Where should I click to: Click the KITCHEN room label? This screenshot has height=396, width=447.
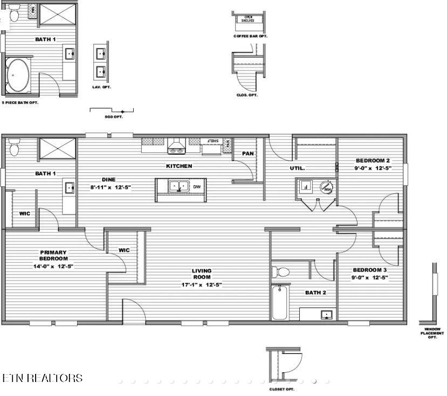(x=179, y=166)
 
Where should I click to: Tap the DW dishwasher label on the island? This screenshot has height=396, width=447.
(x=197, y=187)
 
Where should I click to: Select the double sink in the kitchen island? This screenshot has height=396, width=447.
(x=178, y=187)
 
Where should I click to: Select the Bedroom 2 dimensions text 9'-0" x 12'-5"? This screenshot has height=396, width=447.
(x=373, y=168)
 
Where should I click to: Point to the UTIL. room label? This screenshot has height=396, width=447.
(x=297, y=168)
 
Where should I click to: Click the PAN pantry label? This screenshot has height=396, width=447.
(x=247, y=154)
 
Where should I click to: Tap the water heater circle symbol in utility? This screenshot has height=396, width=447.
(x=326, y=187)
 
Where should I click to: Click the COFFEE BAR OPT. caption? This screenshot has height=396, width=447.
(x=250, y=36)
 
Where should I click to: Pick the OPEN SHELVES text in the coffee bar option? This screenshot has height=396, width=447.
(x=249, y=19)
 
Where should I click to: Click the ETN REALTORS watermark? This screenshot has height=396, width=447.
(x=42, y=378)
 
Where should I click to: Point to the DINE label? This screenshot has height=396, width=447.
(x=108, y=180)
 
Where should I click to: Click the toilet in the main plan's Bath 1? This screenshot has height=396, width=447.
(x=13, y=146)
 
